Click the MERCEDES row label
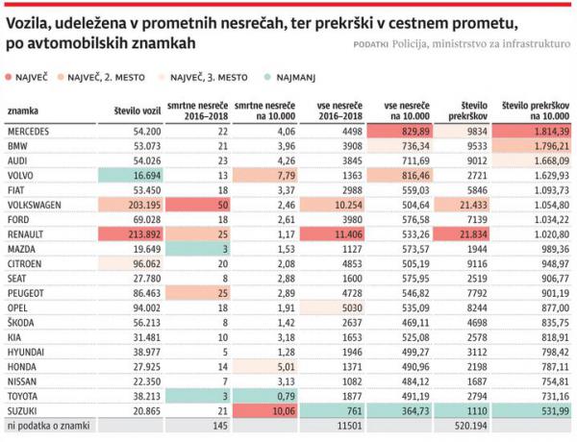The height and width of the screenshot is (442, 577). [29, 130]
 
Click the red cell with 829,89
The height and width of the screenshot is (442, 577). [405, 130]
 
